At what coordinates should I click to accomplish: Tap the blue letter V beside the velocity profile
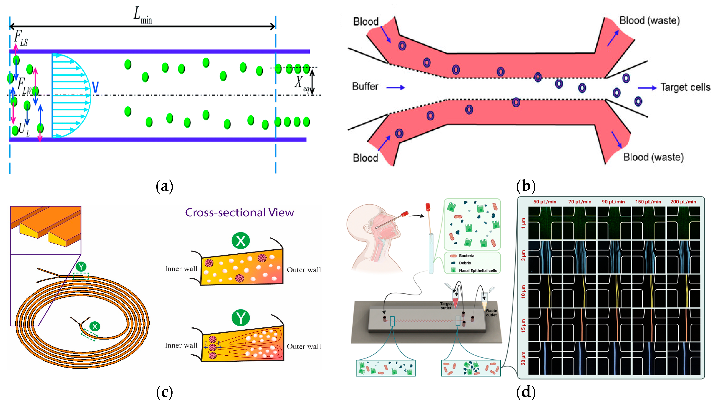coord(95,87)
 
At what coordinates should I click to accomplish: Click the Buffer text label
coord(365,87)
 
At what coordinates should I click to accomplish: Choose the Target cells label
coord(685,87)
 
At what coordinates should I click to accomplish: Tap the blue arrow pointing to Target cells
coord(647,88)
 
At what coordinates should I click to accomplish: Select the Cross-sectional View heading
coord(239,213)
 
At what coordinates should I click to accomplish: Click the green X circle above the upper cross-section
coord(240,240)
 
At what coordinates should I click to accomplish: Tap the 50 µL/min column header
coord(545,202)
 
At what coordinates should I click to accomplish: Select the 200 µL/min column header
coord(683,202)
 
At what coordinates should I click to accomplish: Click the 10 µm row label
coord(523,291)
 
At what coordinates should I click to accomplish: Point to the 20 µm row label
coord(523,358)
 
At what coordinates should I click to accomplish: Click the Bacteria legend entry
coord(466,256)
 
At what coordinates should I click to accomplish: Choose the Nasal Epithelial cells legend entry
coord(478,270)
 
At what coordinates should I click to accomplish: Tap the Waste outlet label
coord(491,313)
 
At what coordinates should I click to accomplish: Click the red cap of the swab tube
coord(428,207)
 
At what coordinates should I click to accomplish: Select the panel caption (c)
coord(164,392)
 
